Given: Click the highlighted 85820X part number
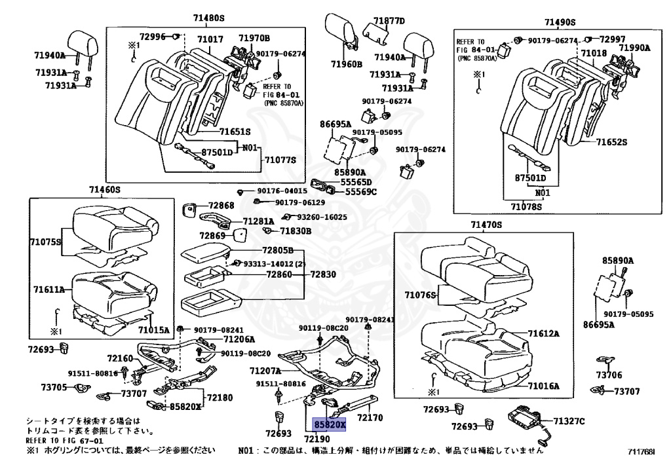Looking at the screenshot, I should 330,424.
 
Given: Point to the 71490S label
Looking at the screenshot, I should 560,22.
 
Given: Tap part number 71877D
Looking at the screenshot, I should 389,21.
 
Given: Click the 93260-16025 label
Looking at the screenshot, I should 322,217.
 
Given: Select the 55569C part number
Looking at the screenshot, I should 361,192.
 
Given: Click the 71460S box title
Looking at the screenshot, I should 105,189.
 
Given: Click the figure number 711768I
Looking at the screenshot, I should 640,451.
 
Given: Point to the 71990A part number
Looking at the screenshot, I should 634,47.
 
